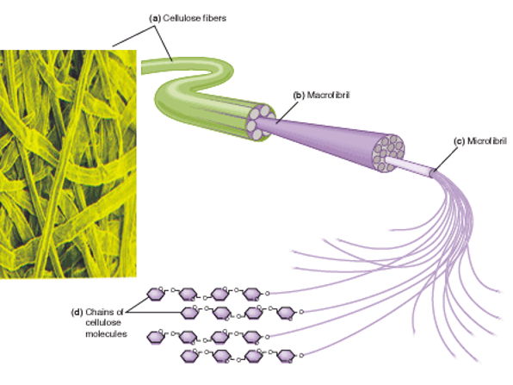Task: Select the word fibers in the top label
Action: (x=209, y=15)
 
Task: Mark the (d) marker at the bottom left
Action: (x=77, y=311)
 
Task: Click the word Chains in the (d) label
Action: (x=102, y=311)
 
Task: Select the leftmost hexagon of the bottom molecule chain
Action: (x=188, y=354)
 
